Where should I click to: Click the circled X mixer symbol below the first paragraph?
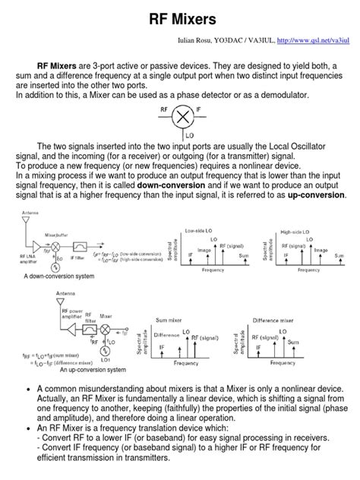[182, 117]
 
